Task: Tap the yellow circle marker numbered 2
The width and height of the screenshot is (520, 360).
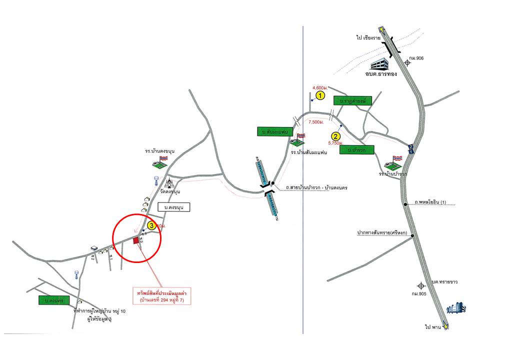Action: (x=336, y=135)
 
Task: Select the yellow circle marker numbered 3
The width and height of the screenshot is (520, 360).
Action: (x=151, y=225)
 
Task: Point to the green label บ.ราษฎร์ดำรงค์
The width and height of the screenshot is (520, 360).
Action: (x=353, y=101)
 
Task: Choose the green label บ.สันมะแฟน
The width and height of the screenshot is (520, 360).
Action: (x=270, y=132)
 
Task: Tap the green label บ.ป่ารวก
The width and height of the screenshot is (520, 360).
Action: (x=356, y=149)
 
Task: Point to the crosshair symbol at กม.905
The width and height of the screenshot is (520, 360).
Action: (x=421, y=285)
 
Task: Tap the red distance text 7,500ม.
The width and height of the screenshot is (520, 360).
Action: (x=316, y=122)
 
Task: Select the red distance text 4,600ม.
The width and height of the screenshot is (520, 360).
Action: (x=319, y=86)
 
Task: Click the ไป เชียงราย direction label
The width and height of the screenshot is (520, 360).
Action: (x=365, y=37)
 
